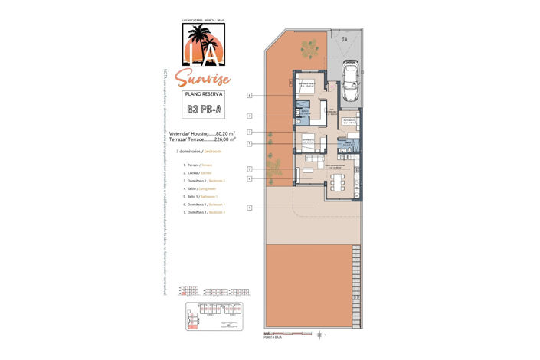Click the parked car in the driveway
352,81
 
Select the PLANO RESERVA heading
203,94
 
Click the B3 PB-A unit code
203,109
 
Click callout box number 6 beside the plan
250,96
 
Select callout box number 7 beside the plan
250,116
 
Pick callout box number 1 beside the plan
250,208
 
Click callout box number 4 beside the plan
250,178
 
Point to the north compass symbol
321,335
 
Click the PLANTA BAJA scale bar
280,335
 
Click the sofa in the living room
313,159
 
